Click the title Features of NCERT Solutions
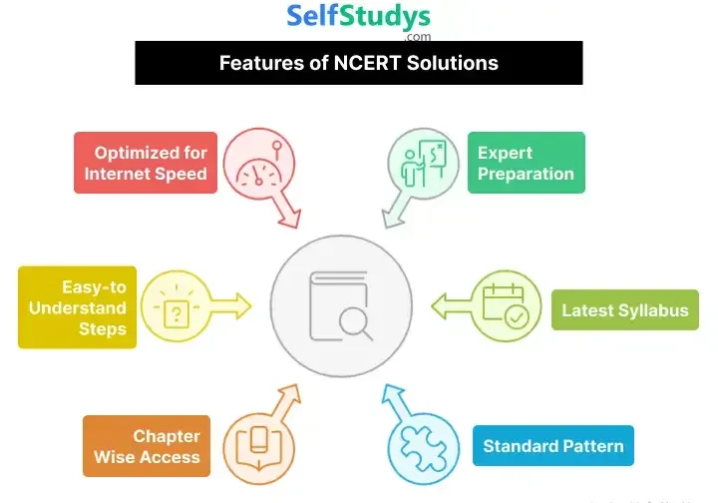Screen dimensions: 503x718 359,63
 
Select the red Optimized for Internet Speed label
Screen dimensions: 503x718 146,163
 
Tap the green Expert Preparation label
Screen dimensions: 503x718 526,163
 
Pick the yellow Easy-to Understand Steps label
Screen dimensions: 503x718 76,307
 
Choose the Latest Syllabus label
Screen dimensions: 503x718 624,310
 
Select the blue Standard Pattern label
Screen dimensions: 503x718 553,446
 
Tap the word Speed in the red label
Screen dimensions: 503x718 184,174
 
